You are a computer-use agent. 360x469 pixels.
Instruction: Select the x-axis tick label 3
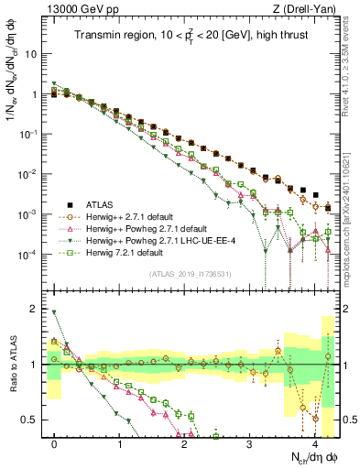[x=250, y=442]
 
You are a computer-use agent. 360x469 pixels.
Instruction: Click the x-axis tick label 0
[x=55, y=442]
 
